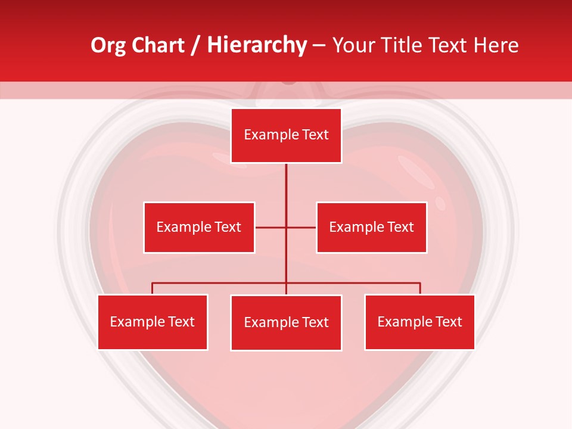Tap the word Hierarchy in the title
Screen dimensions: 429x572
point(257,45)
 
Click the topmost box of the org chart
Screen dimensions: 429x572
point(286,135)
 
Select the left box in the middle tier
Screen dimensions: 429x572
point(199,227)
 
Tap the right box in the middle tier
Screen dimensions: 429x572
point(371,227)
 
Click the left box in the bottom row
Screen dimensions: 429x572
point(153,322)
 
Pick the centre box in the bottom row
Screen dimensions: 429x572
point(286,322)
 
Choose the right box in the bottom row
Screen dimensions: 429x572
point(419,322)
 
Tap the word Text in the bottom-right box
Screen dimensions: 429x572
point(449,322)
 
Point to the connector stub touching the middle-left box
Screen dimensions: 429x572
point(270,227)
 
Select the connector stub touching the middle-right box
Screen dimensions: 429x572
point(302,227)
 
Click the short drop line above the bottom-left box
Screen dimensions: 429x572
point(153,288)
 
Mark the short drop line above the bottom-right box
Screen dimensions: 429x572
point(420,288)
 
